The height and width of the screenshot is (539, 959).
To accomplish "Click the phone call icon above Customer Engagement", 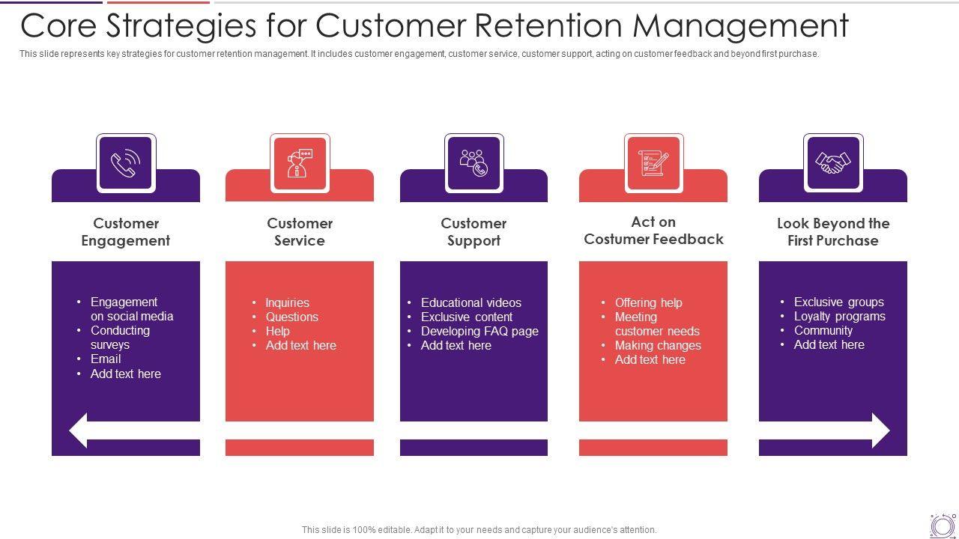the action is click(126, 163).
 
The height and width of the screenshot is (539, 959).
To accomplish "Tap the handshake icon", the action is click(833, 163).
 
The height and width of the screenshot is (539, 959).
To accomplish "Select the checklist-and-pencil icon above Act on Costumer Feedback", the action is click(653, 163).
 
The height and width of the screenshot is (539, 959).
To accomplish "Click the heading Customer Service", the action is click(300, 232).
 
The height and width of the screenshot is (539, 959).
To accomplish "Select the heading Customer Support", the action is click(474, 232).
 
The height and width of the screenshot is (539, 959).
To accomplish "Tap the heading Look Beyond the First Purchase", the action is click(833, 232).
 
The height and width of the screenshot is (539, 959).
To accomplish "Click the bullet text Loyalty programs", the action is click(839, 316).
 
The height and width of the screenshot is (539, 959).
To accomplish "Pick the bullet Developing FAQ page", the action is click(479, 331).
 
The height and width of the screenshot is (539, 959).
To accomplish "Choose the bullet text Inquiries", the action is click(287, 302).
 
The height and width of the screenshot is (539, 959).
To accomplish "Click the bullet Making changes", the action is click(658, 345).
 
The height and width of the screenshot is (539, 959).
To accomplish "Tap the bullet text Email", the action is click(106, 359).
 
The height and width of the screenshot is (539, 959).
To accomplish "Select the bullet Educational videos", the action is click(471, 302).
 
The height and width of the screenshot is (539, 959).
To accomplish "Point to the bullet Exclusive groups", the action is click(838, 302).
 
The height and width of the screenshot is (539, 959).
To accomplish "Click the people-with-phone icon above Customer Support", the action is click(474, 163).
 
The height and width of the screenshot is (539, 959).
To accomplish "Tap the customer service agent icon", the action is click(300, 163).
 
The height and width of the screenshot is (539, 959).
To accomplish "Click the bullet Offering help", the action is click(648, 302).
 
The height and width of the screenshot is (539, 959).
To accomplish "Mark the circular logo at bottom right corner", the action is click(943, 526).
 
